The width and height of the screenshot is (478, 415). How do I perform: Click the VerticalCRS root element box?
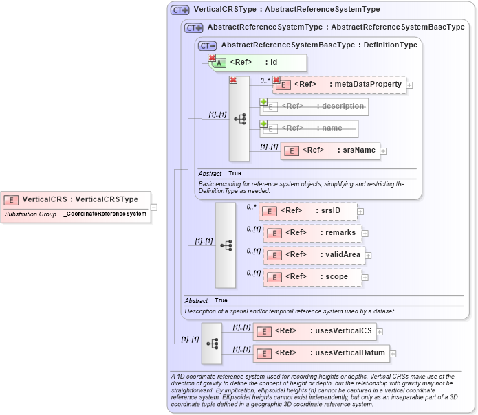tap(75, 199)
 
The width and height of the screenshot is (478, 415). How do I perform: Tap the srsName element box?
tap(330, 150)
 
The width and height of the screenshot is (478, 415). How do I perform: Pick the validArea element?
tap(313, 255)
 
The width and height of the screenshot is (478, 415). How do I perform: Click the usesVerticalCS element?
tap(314, 332)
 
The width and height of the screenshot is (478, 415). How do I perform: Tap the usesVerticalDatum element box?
tap(321, 353)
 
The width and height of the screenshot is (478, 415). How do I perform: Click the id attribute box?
tap(257, 63)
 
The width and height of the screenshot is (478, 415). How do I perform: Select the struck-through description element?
tap(314, 106)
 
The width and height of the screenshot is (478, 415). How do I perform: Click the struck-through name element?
tap(309, 128)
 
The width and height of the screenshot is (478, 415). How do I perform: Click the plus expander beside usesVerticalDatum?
tap(394, 354)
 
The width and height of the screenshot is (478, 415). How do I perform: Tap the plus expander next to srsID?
tap(360, 211)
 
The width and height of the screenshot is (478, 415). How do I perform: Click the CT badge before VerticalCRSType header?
tap(180, 10)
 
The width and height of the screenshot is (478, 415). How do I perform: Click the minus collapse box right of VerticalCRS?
tap(154, 206)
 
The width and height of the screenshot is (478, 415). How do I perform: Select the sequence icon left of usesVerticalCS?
tap(212, 343)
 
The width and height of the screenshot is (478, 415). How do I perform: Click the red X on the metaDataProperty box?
tap(276, 80)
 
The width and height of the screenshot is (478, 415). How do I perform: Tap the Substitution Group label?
tap(30, 214)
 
